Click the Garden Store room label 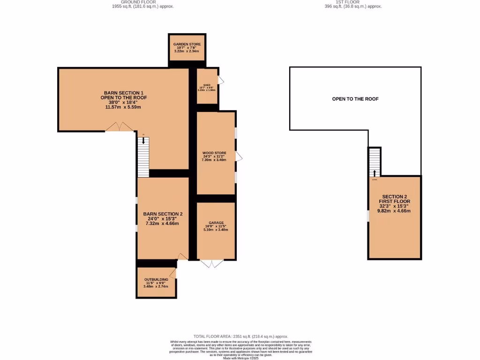(x=187, y=45)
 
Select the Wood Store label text (x=214, y=153)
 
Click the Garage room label (x=216, y=223)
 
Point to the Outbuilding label (x=156, y=279)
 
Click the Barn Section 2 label (x=163, y=214)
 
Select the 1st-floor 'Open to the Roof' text (x=355, y=99)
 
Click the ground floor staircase (x=143, y=157)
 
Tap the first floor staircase (x=374, y=162)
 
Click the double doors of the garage (x=212, y=263)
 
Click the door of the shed (x=221, y=81)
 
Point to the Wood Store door (x=238, y=156)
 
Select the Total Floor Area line (x=240, y=337)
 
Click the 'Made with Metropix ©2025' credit (x=240, y=358)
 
